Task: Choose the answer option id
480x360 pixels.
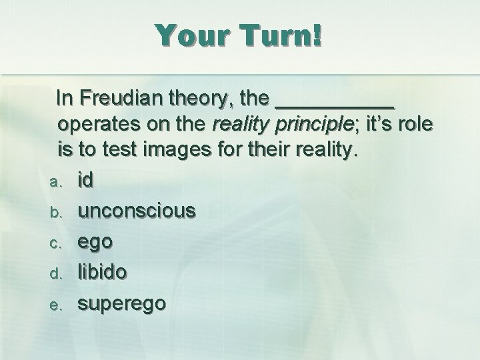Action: coord(85,179)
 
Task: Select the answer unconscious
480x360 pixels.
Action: coord(137,211)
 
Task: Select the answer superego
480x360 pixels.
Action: coord(122,303)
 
